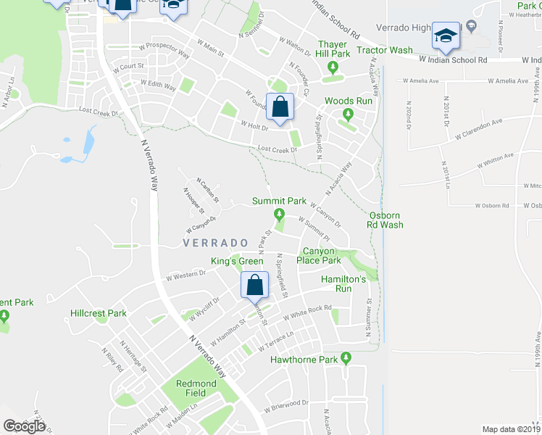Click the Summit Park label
[x=279, y=201]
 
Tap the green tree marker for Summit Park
[x=279, y=214]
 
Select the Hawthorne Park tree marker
[x=346, y=357]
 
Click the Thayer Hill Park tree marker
[x=333, y=69]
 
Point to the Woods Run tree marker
[x=348, y=113]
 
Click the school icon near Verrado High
[x=446, y=36]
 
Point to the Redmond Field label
[x=196, y=388]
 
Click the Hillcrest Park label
[x=99, y=314]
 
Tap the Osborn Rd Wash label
[x=385, y=220]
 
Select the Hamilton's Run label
[x=346, y=283]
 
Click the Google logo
[x=24, y=426]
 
